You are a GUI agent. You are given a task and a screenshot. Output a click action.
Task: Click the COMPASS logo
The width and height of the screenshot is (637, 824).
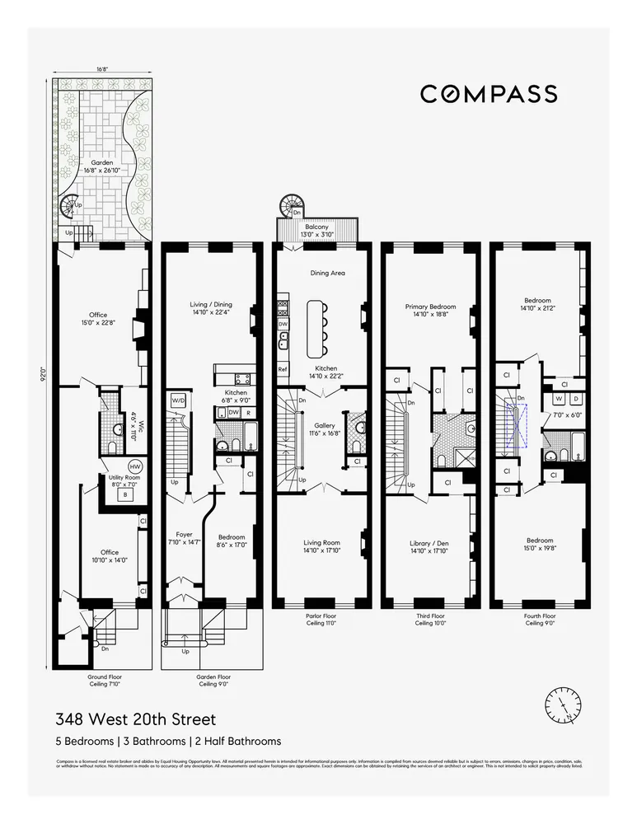pyautogui.click(x=489, y=94)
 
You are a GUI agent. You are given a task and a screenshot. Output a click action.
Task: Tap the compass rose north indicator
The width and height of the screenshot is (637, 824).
pyautogui.click(x=563, y=705)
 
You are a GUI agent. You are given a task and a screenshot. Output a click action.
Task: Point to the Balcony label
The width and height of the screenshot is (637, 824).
pyautogui.click(x=317, y=227)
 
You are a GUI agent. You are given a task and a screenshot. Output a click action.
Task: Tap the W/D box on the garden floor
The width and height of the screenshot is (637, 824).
pyautogui.click(x=178, y=400)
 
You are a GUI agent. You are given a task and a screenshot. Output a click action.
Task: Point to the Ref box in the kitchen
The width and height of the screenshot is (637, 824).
pyautogui.click(x=282, y=369)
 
